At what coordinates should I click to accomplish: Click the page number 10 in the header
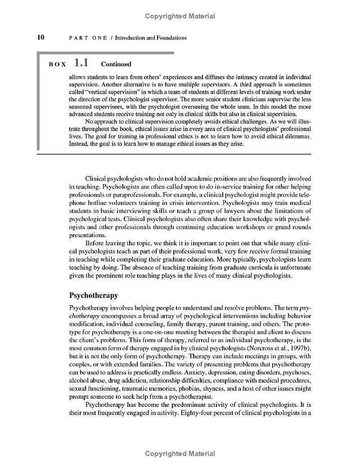coord(40,37)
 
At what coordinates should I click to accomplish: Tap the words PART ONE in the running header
coord(88,38)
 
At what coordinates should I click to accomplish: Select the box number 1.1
coord(81,63)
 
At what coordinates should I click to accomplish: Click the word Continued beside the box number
coord(116,64)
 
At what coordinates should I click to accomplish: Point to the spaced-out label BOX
coord(58,64)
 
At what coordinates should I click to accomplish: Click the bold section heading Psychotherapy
coord(94,295)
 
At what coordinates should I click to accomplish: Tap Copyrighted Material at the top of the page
coord(180,16)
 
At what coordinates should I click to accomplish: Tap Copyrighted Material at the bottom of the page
coord(180,454)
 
